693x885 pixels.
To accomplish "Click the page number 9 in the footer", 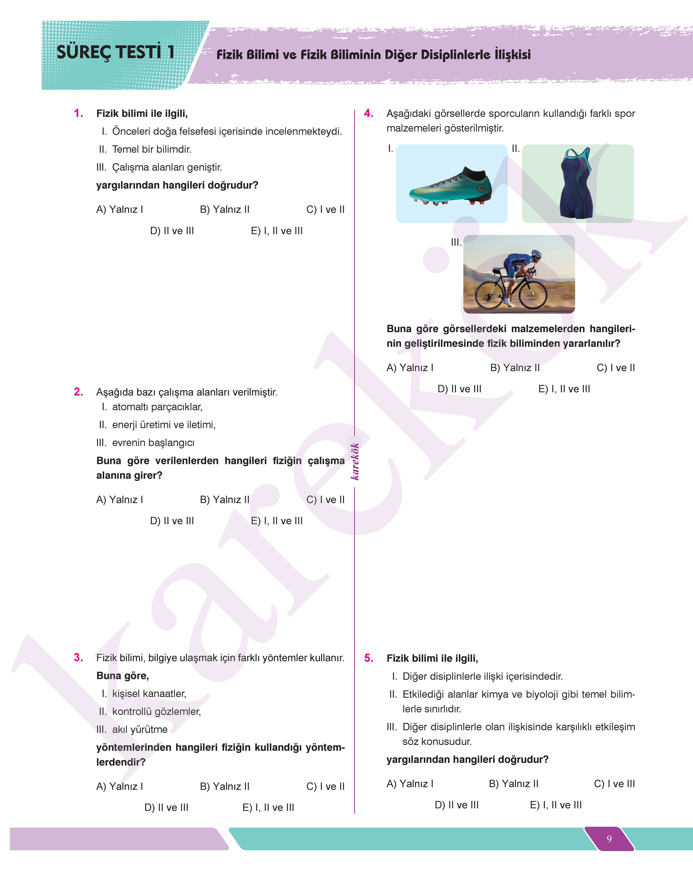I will point(609,839).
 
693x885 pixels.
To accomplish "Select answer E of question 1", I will point(277,231).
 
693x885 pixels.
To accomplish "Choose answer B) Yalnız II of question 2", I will point(224,500).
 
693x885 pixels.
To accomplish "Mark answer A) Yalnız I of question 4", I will point(410,368).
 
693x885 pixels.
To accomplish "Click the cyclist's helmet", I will point(536,254).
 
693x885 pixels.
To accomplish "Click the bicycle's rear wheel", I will point(491,296).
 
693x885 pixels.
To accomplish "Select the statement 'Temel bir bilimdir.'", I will point(151,149).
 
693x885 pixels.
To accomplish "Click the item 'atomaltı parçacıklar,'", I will point(157,407).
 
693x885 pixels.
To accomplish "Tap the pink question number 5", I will point(368,658).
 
